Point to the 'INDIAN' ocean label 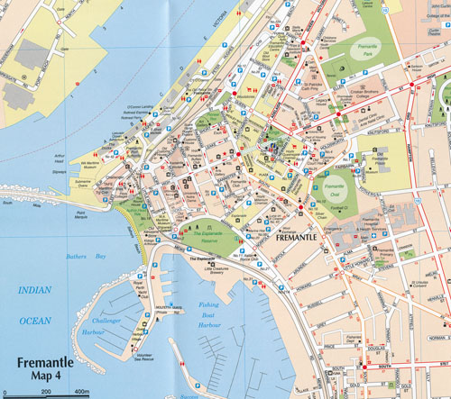click(37, 289)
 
